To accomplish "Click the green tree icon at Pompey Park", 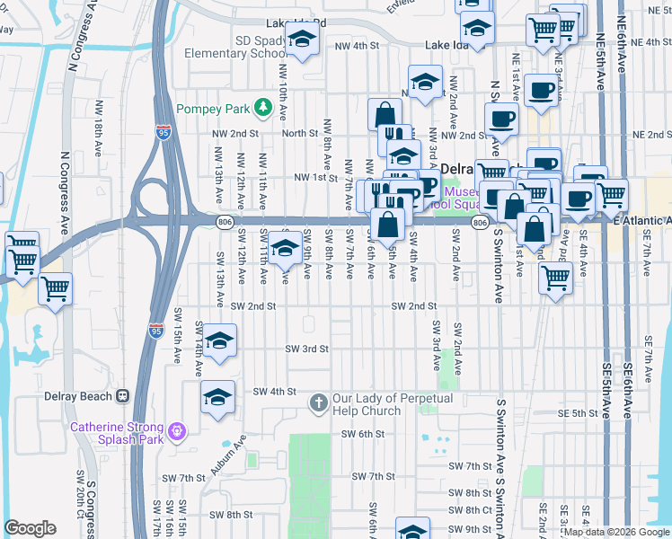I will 263,109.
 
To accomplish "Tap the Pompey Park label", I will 215,109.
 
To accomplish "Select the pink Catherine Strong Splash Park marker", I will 177,431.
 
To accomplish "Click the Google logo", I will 30,528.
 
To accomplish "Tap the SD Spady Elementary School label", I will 235,47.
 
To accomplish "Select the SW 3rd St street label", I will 307,349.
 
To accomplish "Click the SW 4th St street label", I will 274,392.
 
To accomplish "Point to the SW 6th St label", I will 363,433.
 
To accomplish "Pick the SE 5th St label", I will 578,413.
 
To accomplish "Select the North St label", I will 300,133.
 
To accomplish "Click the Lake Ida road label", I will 448,45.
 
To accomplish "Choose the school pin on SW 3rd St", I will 218,341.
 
